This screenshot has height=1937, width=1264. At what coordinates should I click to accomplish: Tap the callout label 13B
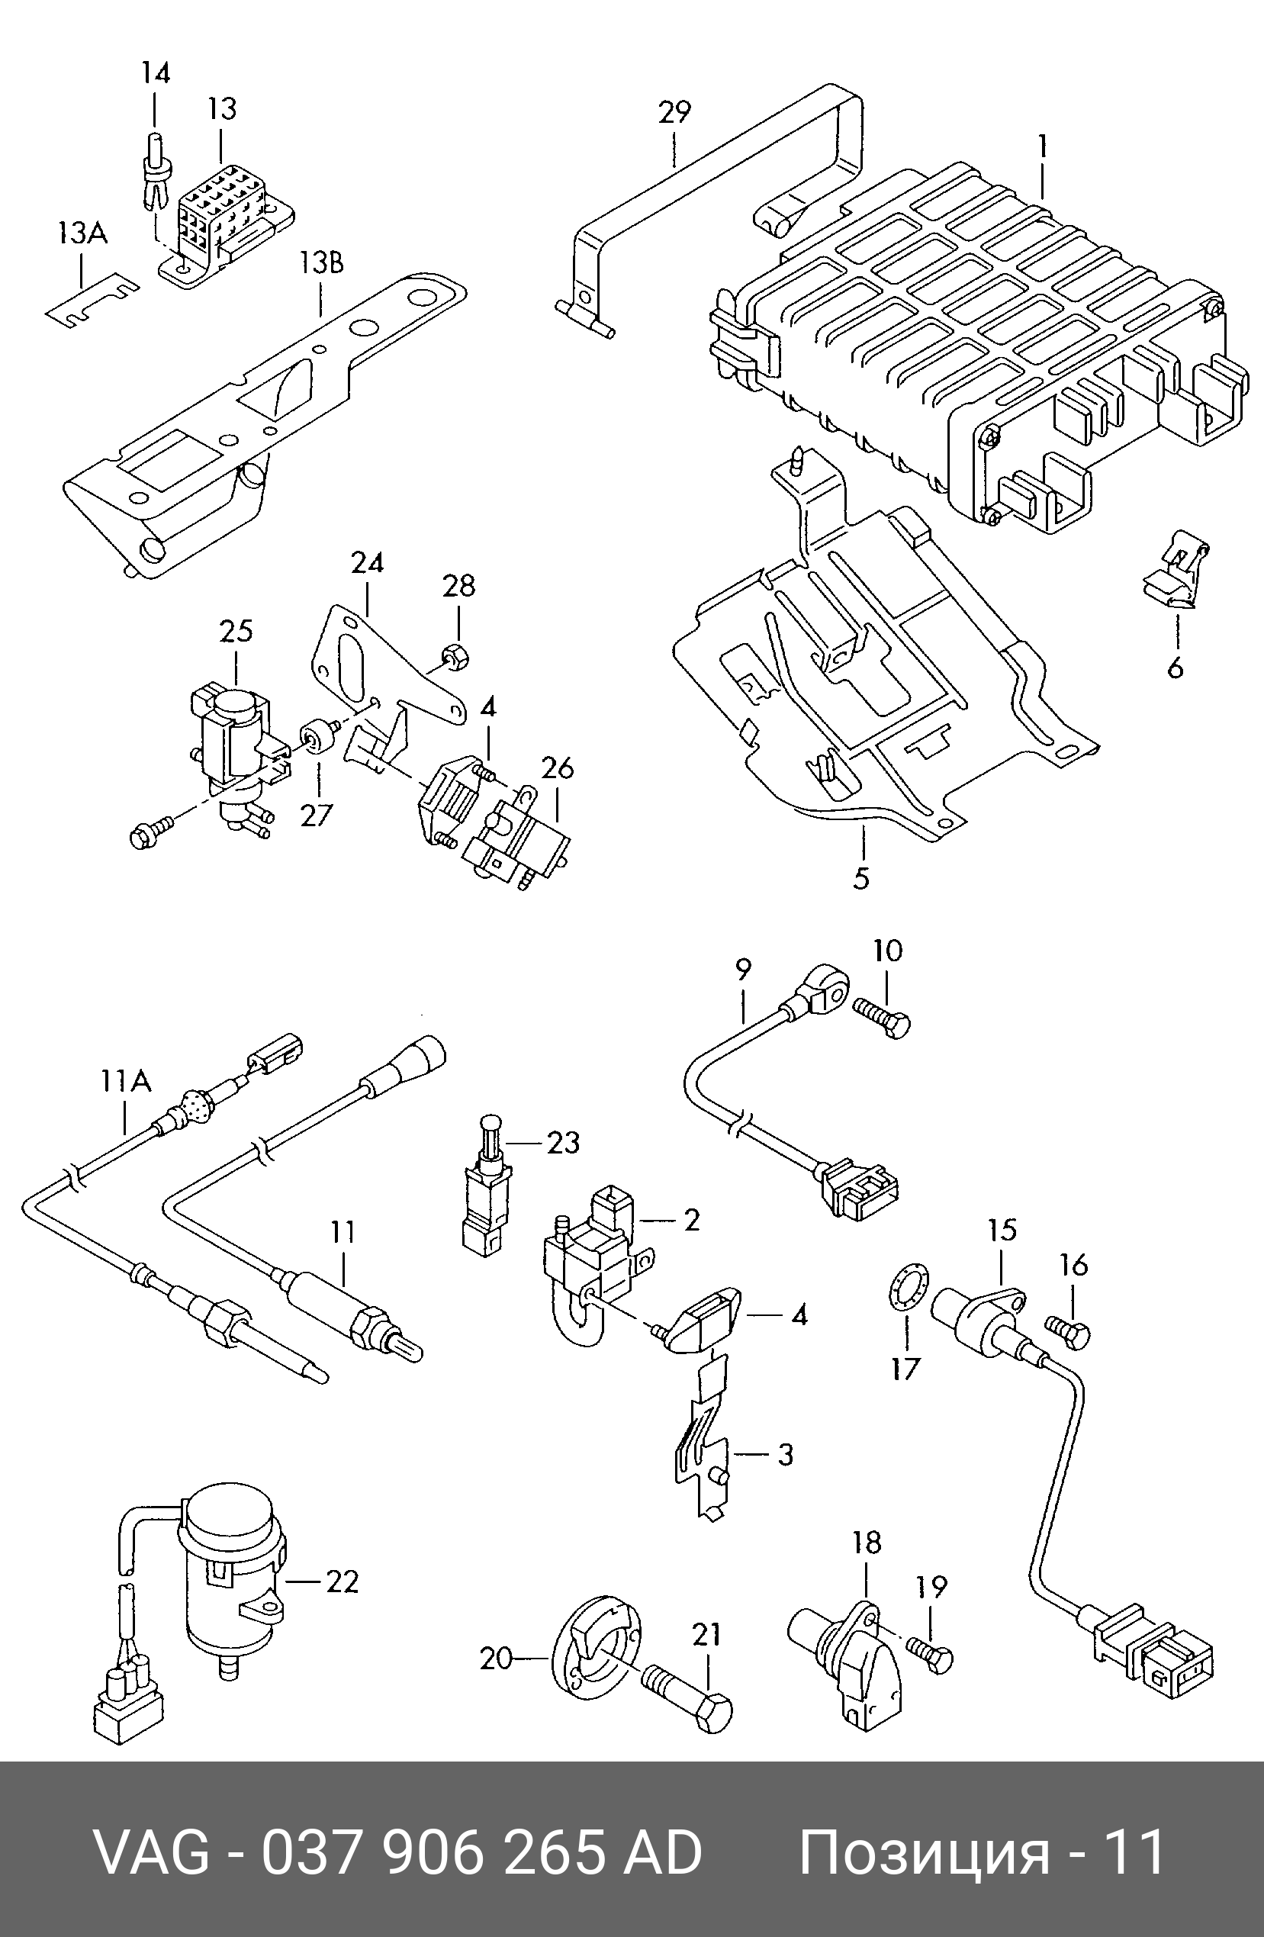click(x=320, y=263)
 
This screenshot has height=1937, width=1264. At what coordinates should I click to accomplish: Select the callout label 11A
click(x=125, y=1081)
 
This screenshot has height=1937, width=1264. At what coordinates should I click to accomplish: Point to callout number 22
click(x=342, y=1581)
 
